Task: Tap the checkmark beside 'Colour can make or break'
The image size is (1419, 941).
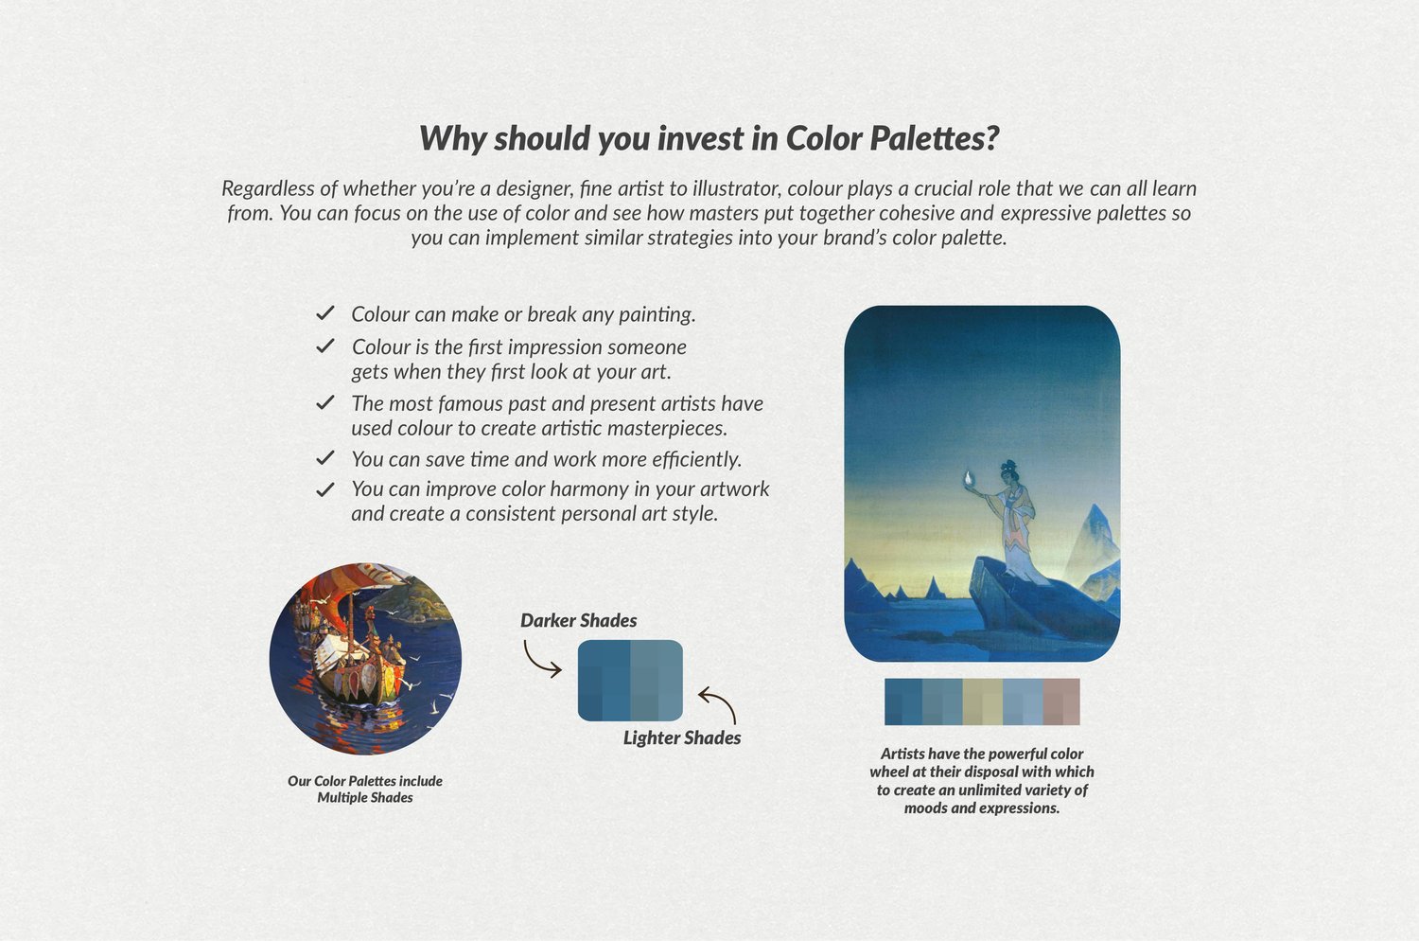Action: click(x=325, y=312)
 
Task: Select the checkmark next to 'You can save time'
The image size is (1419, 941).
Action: click(x=325, y=458)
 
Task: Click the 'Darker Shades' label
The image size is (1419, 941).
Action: click(x=578, y=620)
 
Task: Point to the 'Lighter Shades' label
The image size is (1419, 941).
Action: click(x=682, y=737)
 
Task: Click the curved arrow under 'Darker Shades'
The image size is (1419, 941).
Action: click(x=537, y=661)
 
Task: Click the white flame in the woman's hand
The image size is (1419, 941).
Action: click(x=968, y=479)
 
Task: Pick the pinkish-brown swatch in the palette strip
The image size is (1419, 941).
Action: click(x=1061, y=701)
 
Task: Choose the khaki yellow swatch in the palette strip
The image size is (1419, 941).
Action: click(x=983, y=701)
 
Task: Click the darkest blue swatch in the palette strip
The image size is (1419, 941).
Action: click(x=903, y=701)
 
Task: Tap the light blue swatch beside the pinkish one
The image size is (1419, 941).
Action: click(x=1023, y=701)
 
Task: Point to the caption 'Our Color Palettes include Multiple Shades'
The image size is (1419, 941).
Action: click(x=365, y=789)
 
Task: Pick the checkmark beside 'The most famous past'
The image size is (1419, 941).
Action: click(x=325, y=402)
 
